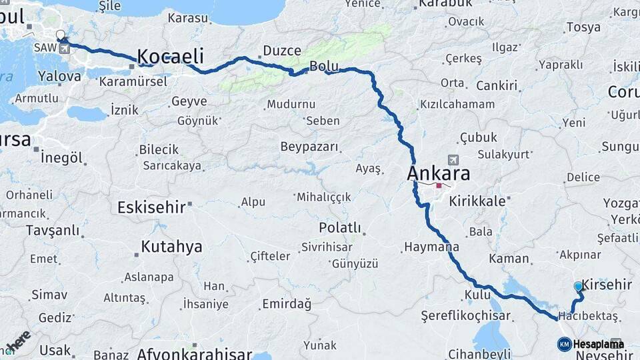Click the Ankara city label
pos(438,174)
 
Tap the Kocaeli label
pos(170,56)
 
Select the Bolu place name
pos(324,67)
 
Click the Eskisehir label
pos(151,207)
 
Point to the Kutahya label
pos(171,247)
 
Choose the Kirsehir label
pos(607,285)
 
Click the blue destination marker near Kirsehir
pos(578,287)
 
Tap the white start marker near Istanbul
pos(61,35)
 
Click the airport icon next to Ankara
pos(454,160)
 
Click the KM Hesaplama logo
pos(590,344)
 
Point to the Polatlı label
pos(339,227)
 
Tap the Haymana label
pos(431,247)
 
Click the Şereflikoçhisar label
pos(465,316)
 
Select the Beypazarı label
pos(309,147)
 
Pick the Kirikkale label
pos(480,199)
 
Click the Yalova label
pos(59,76)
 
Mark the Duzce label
pos(282,51)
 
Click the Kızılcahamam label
pos(457,104)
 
